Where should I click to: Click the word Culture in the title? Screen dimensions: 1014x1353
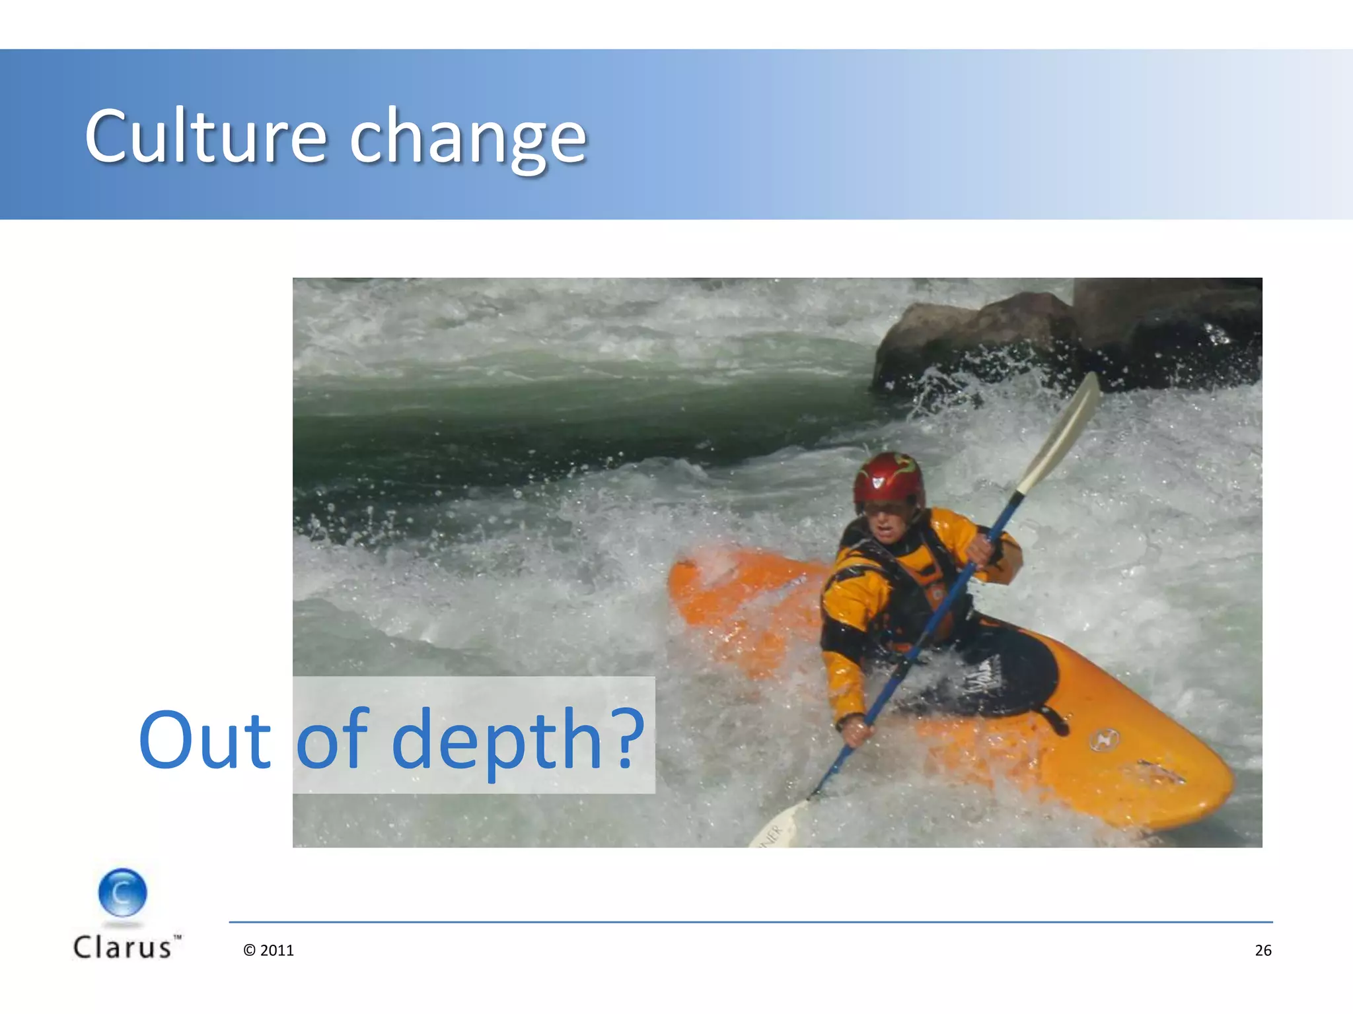pyautogui.click(x=205, y=137)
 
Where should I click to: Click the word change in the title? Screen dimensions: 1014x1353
pyautogui.click(x=468, y=139)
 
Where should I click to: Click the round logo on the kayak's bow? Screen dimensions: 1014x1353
pyautogui.click(x=1103, y=739)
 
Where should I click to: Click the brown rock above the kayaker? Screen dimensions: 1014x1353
pyautogui.click(x=978, y=337)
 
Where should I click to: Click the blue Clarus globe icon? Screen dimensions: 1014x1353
pyautogui.click(x=122, y=893)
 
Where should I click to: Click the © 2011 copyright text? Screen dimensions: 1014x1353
pyautogui.click(x=268, y=950)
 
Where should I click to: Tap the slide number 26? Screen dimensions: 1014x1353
pyautogui.click(x=1262, y=950)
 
